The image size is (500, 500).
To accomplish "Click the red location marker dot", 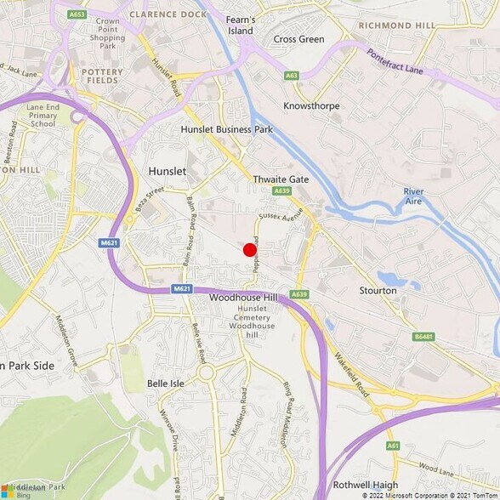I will (x=249, y=250).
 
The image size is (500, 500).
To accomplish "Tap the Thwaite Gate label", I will (x=281, y=179).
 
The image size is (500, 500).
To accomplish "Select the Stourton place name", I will (x=378, y=290).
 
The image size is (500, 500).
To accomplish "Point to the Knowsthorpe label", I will (x=311, y=105).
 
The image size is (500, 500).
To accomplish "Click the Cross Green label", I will (x=298, y=39).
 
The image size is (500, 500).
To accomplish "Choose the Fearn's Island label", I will (x=240, y=25).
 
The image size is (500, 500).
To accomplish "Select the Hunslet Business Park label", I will (x=226, y=129).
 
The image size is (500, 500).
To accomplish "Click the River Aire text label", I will (x=413, y=196).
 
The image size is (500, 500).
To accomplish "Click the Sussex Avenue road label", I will (x=281, y=217).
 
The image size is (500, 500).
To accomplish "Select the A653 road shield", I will (x=77, y=14).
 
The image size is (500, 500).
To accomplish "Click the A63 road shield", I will (x=292, y=76).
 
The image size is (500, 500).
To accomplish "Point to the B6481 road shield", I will (x=423, y=337).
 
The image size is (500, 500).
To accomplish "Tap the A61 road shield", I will (x=393, y=445).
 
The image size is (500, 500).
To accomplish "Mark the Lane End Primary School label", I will (x=41, y=114).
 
